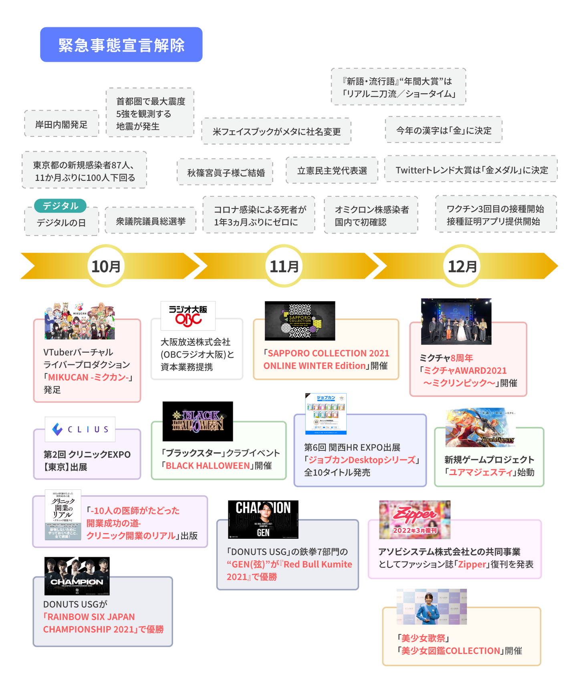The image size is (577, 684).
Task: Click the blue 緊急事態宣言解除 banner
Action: pyautogui.click(x=121, y=44)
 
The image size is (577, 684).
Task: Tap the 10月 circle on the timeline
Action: pyautogui.click(x=106, y=266)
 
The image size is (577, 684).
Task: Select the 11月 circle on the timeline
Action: pyautogui.click(x=284, y=266)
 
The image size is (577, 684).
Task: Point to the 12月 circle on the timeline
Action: pyautogui.click(x=462, y=266)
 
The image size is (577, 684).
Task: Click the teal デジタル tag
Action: pyautogui.click(x=60, y=206)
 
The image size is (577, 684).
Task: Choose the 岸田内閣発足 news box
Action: pyautogui.click(x=61, y=124)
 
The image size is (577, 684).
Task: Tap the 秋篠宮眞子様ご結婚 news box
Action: pyautogui.click(x=225, y=173)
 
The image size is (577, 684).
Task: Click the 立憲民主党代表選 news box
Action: pyautogui.click(x=332, y=170)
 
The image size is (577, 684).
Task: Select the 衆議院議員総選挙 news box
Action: pyautogui.click(x=150, y=221)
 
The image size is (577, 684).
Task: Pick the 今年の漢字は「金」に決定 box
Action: pyautogui.click(x=444, y=130)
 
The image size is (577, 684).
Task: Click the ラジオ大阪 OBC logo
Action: pyautogui.click(x=188, y=315)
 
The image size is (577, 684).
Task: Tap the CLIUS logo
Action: pyautogui.click(x=80, y=429)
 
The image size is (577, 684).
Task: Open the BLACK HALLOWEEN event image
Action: pyautogui.click(x=198, y=421)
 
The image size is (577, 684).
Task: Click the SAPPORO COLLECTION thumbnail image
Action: pyautogui.click(x=300, y=321)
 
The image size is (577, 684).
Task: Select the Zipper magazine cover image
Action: pyautogui.click(x=415, y=520)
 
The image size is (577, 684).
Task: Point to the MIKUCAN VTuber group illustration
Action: pyautogui.click(x=79, y=321)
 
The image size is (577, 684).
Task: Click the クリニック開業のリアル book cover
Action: pyautogui.click(x=63, y=515)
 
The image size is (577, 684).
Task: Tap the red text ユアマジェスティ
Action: pyautogui.click(x=480, y=472)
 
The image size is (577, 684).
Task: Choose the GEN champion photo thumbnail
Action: pyautogui.click(x=263, y=519)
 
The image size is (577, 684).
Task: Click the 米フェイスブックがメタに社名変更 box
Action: pyautogui.click(x=276, y=131)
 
